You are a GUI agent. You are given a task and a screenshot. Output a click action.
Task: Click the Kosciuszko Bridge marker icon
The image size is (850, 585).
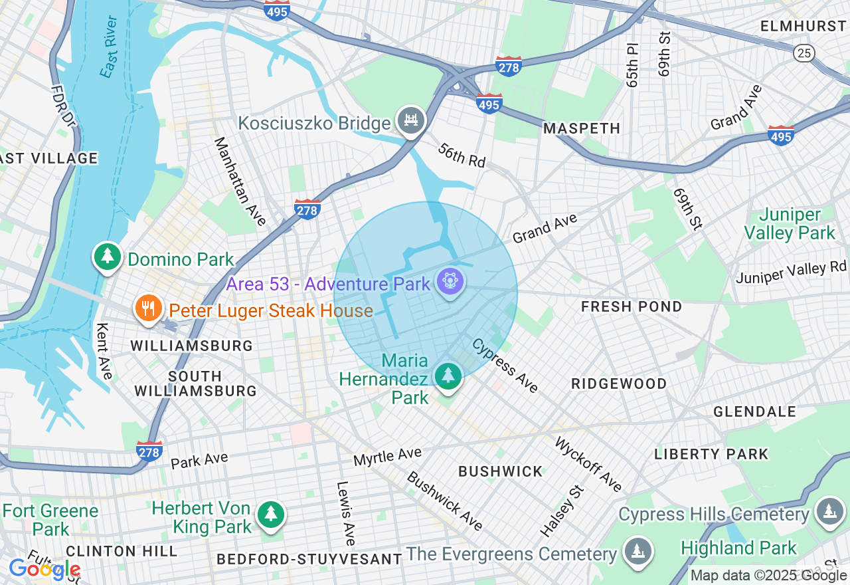point(412,121)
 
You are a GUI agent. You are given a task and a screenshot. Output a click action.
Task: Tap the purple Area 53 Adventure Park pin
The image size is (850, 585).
point(450,283)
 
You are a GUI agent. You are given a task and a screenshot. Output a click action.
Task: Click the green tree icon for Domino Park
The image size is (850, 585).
point(107,257)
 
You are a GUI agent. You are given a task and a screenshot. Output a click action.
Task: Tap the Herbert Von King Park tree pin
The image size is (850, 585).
point(270,515)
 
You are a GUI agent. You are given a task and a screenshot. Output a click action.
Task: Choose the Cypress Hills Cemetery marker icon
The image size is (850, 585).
point(829,511)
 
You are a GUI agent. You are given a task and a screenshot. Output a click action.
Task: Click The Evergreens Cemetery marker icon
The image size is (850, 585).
point(637,552)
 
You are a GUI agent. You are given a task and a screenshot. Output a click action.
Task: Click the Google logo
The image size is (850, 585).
point(44,569)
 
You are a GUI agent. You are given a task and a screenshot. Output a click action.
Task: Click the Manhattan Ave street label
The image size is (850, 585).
point(240,181)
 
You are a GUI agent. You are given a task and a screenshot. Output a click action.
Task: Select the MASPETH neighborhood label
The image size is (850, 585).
point(582,128)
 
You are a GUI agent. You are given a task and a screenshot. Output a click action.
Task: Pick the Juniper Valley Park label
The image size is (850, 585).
point(789,224)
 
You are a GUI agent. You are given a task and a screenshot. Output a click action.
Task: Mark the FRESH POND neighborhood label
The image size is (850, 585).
point(631,306)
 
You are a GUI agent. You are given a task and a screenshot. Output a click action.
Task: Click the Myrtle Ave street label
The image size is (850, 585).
point(387,457)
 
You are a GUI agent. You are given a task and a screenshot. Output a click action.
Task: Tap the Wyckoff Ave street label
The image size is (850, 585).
point(588,465)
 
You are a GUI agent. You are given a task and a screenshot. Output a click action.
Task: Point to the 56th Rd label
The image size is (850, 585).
point(462,155)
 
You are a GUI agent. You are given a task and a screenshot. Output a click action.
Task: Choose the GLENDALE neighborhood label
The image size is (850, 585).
point(754,411)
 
